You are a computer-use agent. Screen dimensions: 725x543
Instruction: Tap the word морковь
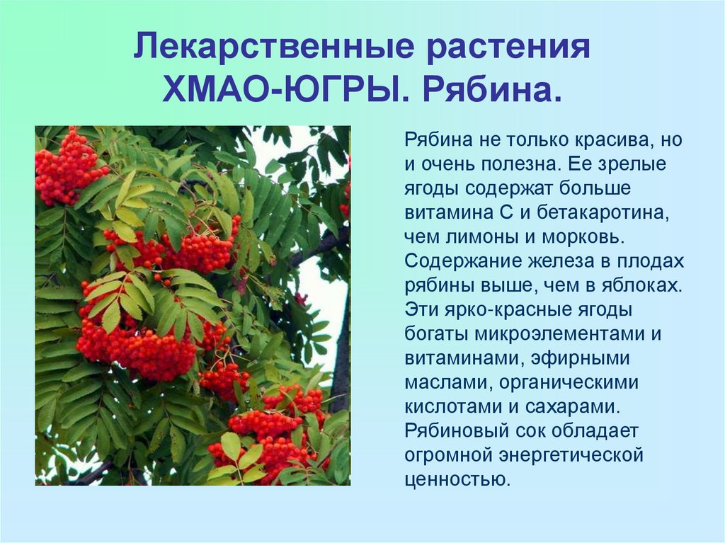pos(583,238)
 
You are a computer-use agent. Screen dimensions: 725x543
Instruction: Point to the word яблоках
pos(641,286)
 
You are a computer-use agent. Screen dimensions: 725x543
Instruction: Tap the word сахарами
pos(572,407)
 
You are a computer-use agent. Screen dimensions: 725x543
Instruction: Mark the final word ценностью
pos(457,479)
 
